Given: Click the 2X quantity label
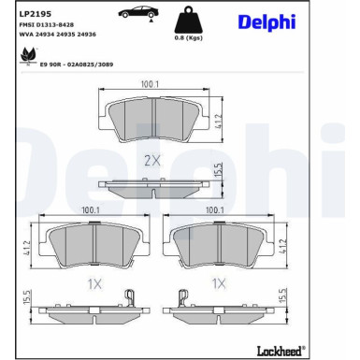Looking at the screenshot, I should pos(152,160).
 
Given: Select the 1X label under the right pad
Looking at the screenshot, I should pos(220,281).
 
